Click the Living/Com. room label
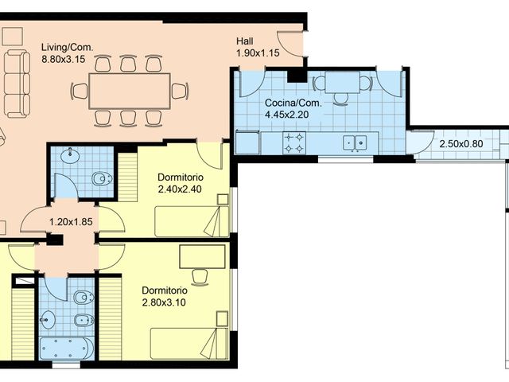68,47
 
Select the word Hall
246,41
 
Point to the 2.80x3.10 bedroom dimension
169,302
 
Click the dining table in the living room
129,90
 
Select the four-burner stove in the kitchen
293,142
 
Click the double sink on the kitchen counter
355,142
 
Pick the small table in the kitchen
341,82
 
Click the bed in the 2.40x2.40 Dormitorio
191,221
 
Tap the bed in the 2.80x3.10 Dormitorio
189,344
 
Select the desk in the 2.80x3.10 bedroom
202,257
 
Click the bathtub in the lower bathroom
66,349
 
